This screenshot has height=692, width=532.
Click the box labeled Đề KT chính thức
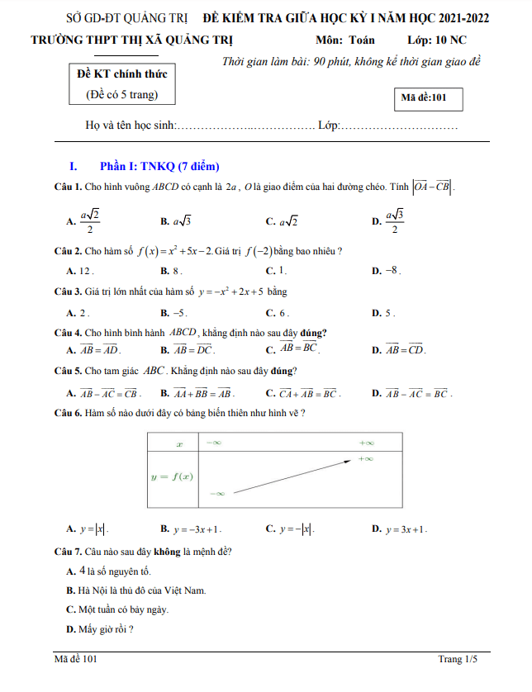point(121,84)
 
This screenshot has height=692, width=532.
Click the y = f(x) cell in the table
point(172,476)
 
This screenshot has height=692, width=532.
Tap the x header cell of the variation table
point(179,443)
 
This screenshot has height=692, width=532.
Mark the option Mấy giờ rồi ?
point(100,629)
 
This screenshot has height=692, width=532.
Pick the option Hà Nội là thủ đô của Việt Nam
point(135,590)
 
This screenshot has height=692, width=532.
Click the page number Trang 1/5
point(458,659)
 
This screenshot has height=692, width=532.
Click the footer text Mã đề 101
point(76,659)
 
